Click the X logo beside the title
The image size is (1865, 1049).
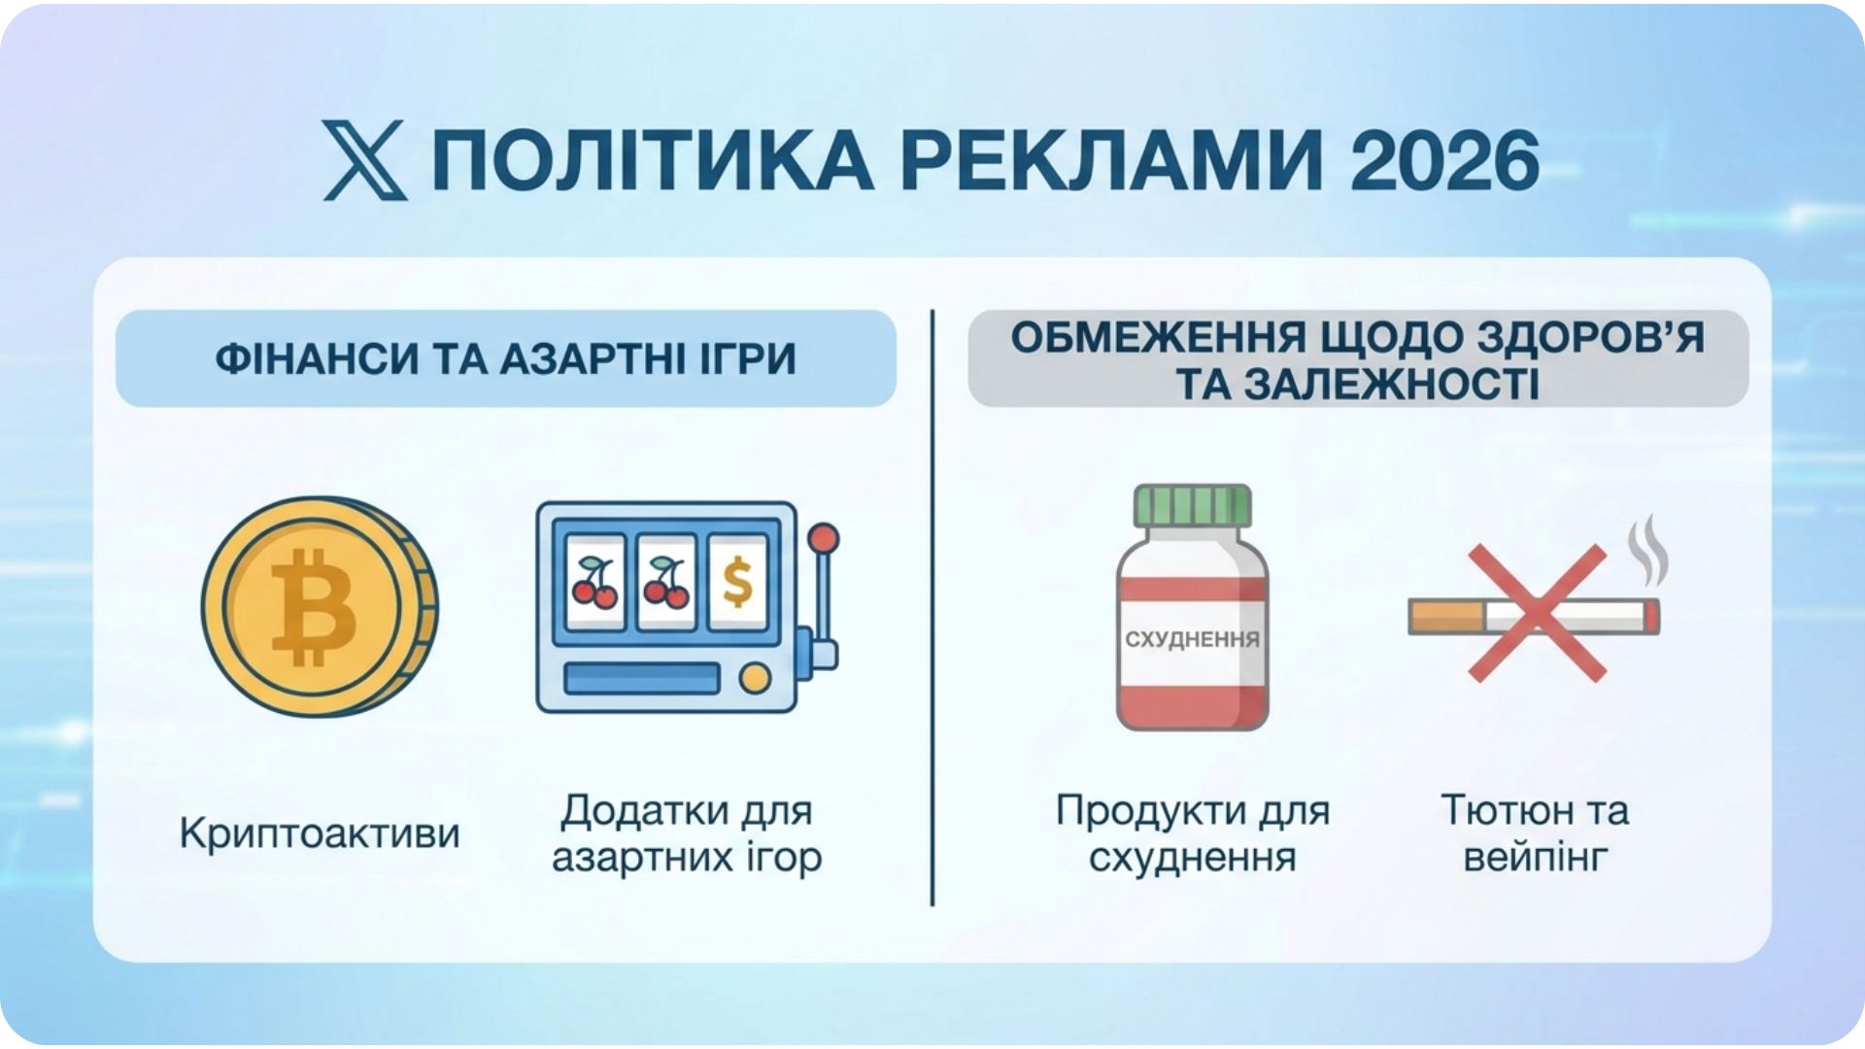coord(364,161)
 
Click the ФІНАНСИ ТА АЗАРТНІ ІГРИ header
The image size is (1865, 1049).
coord(505,359)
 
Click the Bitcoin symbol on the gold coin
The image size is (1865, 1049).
coord(313,607)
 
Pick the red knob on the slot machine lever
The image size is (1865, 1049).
coord(824,538)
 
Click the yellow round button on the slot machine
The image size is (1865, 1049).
coord(754,678)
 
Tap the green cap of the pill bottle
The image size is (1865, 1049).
coord(1192,505)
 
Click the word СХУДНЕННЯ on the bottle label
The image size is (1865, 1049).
coord(1192,640)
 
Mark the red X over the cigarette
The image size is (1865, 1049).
coord(1536,614)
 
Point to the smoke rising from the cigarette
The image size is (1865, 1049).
coord(1647,552)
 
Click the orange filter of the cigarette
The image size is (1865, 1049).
coord(1445,617)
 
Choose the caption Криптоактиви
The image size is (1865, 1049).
coord(320,833)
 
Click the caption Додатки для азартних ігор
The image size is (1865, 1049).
coord(687,833)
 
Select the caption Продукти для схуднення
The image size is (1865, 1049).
coord(1192,833)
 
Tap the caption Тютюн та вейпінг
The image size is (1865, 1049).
coord(1535,833)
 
